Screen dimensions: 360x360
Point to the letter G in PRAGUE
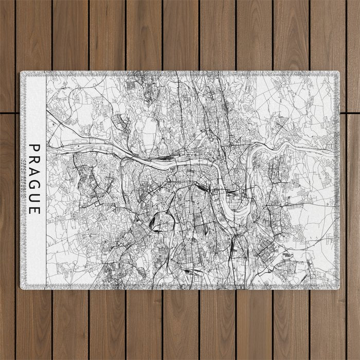point(34,185)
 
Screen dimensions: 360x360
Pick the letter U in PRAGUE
point(34,197)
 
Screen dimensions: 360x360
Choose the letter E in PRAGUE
point(34,209)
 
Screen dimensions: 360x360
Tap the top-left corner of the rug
point(21,72)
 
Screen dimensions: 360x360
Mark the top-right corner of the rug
point(339,72)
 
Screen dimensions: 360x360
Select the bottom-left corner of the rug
point(21,289)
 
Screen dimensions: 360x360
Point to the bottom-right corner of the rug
point(339,289)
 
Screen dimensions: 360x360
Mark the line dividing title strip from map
point(46,180)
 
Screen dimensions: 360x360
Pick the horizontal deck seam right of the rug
point(350,113)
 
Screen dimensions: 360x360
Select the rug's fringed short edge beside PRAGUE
point(21,180)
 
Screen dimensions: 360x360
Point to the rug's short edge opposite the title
point(338,180)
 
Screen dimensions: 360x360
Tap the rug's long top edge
point(180,71)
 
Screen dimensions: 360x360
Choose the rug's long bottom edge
point(180,289)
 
